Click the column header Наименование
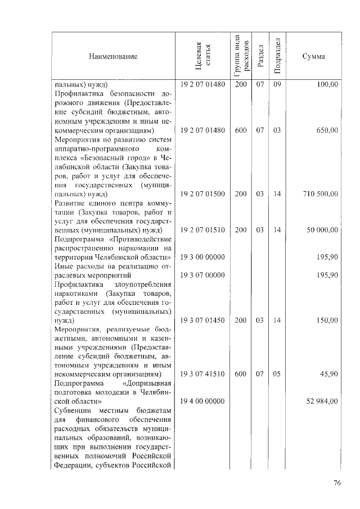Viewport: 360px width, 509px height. pos(112,56)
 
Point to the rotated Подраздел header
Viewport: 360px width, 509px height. pos(277,56)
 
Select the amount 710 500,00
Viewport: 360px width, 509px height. pos(319,193)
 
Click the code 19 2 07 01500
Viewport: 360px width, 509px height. pos(202,193)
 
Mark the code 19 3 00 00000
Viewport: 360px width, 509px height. pos(202,257)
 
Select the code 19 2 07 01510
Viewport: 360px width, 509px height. pos(202,230)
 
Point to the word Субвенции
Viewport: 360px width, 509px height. pos(73,411)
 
